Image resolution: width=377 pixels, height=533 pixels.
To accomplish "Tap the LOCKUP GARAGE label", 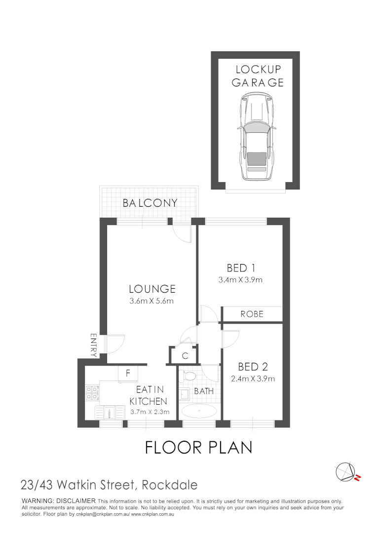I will (258, 76).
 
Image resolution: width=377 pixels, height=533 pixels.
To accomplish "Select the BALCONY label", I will (150, 203).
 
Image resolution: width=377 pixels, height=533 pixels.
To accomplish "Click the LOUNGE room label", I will (152, 289).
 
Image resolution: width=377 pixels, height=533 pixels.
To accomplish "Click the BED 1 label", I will (240, 268).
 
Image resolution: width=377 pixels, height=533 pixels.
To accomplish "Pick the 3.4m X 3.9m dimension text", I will (240, 280).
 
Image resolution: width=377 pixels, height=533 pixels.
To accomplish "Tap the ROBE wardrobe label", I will (252, 314).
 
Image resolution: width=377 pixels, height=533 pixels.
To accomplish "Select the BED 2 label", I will (253, 367).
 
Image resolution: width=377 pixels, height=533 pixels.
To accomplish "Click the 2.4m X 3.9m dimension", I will (253, 379).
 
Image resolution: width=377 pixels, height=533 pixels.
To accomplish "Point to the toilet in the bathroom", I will (187, 377).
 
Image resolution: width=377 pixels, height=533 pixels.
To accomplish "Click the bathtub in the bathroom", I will (199, 410).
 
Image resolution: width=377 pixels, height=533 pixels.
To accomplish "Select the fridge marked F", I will (127, 374).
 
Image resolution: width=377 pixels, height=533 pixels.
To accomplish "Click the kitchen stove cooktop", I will (91, 392).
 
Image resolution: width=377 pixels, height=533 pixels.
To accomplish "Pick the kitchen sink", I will (110, 412).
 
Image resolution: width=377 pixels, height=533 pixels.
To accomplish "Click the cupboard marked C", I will (185, 355).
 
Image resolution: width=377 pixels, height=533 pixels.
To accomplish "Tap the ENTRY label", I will (93, 345).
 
